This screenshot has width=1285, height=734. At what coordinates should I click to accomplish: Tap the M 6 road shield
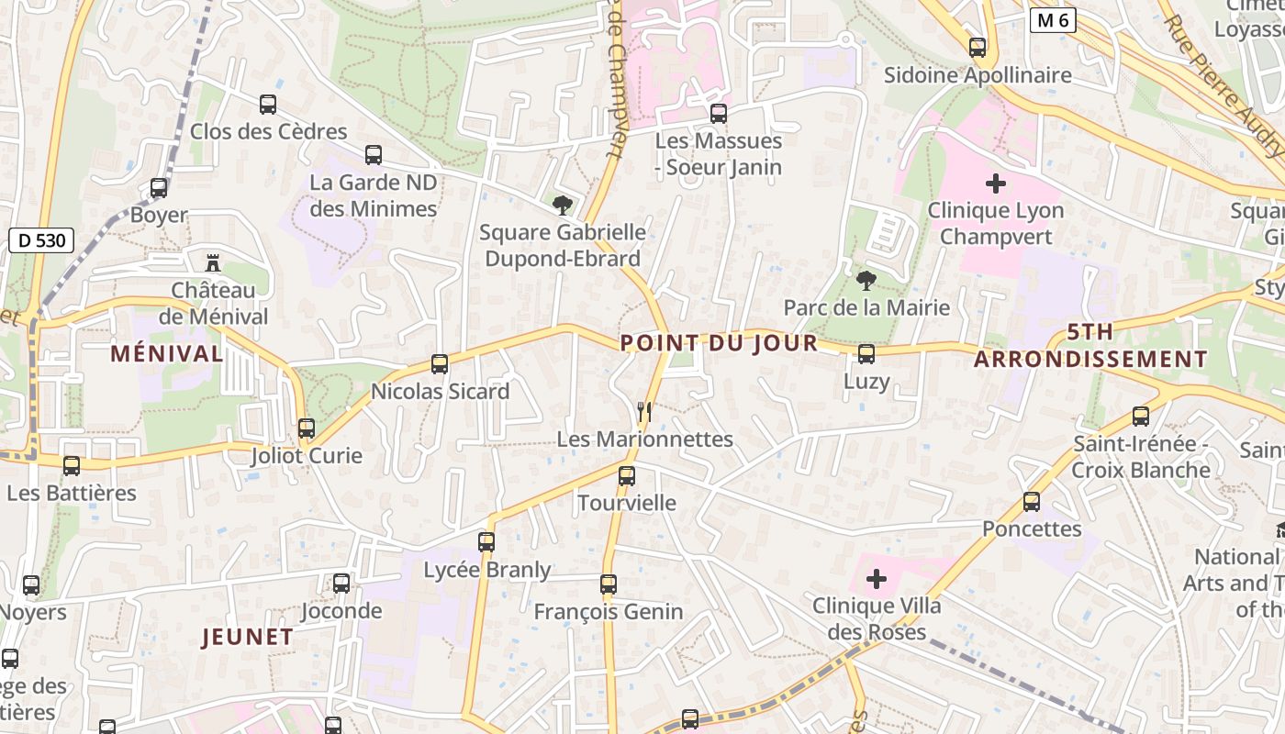[x=1052, y=20]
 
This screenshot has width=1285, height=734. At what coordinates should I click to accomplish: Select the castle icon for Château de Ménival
[x=213, y=263]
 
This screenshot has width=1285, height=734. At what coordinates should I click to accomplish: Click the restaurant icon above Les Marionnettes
[x=645, y=412]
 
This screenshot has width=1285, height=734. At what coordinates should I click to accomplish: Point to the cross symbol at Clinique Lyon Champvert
[x=995, y=183]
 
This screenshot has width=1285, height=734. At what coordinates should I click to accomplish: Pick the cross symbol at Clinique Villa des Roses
[x=877, y=579]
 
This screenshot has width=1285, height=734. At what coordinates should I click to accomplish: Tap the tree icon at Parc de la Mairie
[x=866, y=280]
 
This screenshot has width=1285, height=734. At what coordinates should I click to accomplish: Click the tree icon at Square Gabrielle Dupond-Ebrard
[x=563, y=205]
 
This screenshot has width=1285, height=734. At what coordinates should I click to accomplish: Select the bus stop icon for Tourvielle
[x=627, y=476]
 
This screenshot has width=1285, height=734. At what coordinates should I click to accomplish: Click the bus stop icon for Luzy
[x=866, y=354]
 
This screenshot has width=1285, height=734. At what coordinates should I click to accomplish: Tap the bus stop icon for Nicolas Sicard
[x=440, y=364]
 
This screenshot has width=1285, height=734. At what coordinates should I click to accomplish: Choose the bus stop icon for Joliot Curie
[x=307, y=428]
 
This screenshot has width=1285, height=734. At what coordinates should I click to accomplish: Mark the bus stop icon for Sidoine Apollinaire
[x=978, y=48]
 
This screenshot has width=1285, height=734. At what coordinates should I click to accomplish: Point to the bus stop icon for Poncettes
[x=1032, y=502]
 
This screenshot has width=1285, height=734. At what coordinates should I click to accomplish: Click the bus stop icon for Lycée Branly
[x=486, y=542]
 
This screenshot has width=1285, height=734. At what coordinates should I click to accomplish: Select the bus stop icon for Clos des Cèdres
[x=268, y=105]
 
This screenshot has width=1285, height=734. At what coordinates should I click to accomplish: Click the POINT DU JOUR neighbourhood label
[x=719, y=343]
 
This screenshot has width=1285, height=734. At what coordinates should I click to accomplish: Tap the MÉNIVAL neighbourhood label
[x=166, y=353]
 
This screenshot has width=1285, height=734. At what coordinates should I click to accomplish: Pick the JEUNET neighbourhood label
[x=248, y=637]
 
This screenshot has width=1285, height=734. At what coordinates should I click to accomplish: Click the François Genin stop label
[x=609, y=611]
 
